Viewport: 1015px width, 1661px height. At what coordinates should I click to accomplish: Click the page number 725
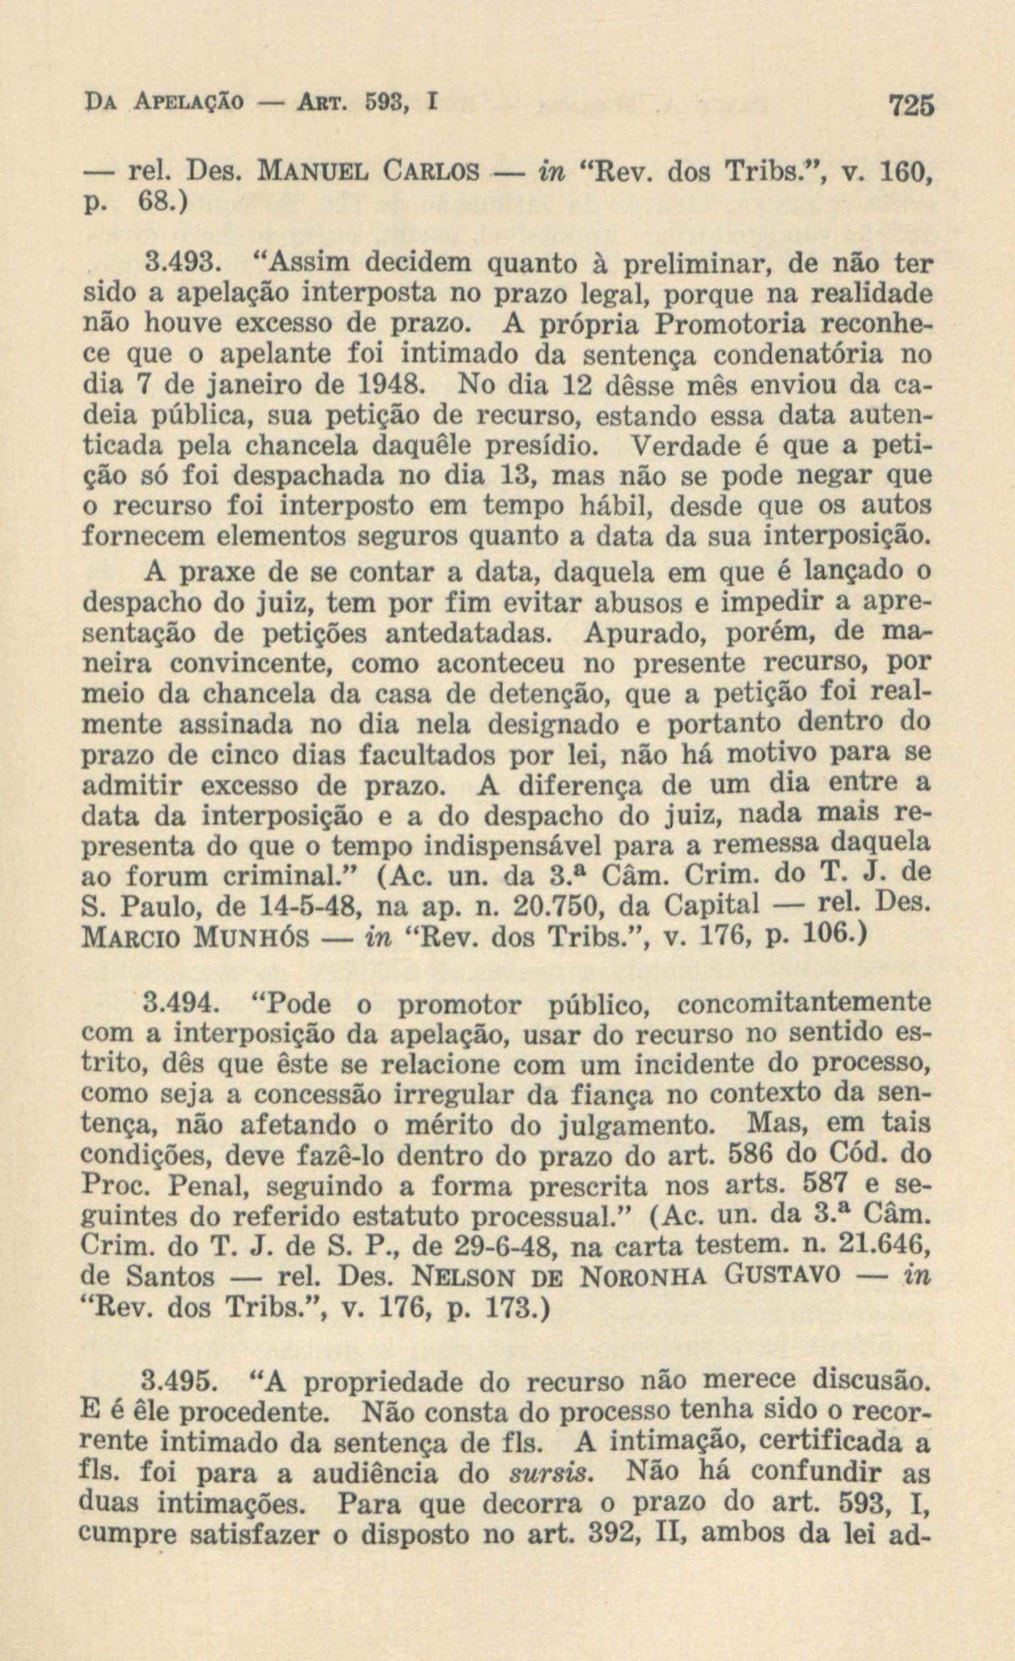[912, 106]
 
